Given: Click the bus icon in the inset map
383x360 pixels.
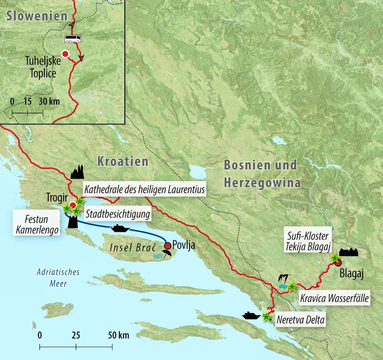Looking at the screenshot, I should pyautogui.click(x=73, y=39).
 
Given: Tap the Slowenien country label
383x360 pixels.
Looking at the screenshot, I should pyautogui.click(x=37, y=16).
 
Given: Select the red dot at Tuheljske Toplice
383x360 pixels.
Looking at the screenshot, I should pyautogui.click(x=65, y=54).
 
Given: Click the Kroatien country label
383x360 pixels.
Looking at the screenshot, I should pyautogui.click(x=123, y=161).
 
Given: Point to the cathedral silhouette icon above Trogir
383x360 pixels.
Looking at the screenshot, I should pyautogui.click(x=77, y=173).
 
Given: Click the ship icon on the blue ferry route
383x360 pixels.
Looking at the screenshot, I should pyautogui.click(x=121, y=229).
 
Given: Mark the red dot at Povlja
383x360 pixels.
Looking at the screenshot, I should pyautogui.click(x=167, y=245).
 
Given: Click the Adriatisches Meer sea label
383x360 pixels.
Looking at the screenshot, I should pyautogui.click(x=58, y=278).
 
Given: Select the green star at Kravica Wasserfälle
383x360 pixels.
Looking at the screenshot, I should pyautogui.click(x=292, y=286).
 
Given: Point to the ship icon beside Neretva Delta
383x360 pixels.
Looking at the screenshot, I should pyautogui.click(x=252, y=316).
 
